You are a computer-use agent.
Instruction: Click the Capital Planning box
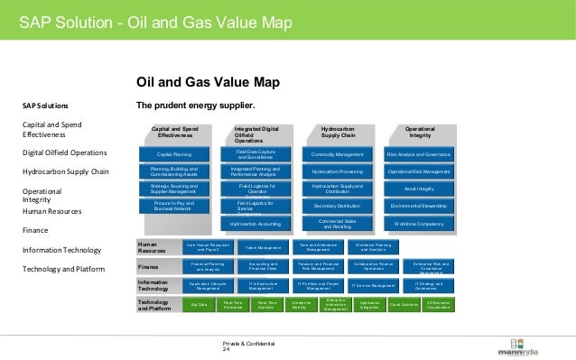(x=174, y=154)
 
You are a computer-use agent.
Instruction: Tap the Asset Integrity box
(x=418, y=189)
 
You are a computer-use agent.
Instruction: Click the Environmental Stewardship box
(x=418, y=206)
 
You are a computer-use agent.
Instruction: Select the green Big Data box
(x=199, y=306)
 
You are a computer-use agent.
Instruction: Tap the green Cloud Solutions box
(x=404, y=306)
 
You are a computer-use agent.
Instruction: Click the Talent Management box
(x=264, y=246)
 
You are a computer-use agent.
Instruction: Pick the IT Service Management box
(x=373, y=286)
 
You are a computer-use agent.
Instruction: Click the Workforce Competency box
(x=418, y=223)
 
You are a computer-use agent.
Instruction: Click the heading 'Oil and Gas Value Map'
(x=207, y=83)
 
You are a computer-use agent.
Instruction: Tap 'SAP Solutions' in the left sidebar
(x=45, y=106)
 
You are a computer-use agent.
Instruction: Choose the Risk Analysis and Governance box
(x=418, y=154)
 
